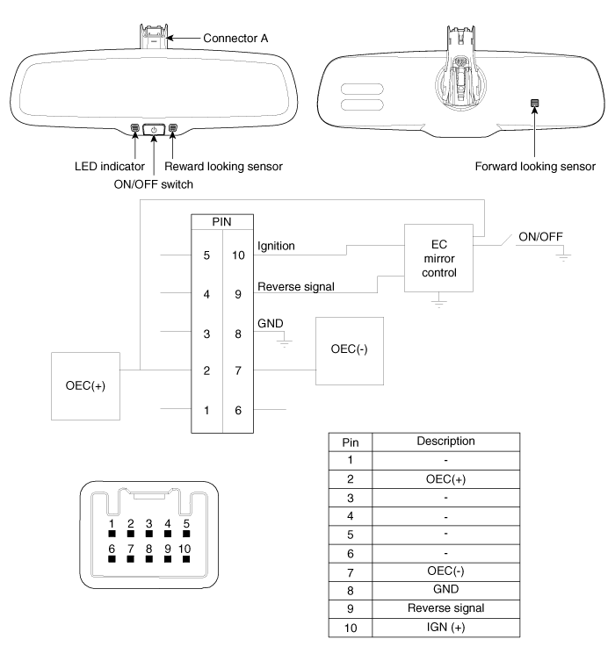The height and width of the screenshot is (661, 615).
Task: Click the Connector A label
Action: (235, 39)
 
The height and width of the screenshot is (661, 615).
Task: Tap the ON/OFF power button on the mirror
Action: (154, 130)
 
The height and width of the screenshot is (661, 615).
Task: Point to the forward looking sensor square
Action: (534, 103)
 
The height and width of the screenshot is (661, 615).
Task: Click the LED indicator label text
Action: (110, 167)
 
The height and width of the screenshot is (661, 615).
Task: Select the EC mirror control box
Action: (438, 258)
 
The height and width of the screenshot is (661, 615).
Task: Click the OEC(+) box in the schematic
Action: (85, 386)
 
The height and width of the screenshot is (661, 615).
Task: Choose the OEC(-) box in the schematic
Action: (350, 351)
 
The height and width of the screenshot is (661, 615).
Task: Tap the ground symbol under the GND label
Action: (285, 341)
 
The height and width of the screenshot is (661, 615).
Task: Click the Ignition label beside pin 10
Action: (276, 246)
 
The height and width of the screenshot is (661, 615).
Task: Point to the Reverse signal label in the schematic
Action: (296, 287)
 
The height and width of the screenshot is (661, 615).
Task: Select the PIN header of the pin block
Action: (222, 222)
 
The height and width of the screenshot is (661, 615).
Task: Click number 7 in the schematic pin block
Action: (238, 370)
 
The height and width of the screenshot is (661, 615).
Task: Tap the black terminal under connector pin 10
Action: (186, 559)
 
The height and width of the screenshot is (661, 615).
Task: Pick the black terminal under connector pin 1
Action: (112, 534)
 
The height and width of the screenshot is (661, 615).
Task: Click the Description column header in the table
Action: (445, 441)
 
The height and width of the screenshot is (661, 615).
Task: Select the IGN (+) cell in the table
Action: (445, 628)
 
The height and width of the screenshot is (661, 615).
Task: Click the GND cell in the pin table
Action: (445, 589)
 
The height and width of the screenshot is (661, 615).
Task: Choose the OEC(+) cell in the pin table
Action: (445, 479)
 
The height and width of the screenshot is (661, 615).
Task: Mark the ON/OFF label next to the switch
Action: (540, 237)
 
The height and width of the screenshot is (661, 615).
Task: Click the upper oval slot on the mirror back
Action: (362, 90)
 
